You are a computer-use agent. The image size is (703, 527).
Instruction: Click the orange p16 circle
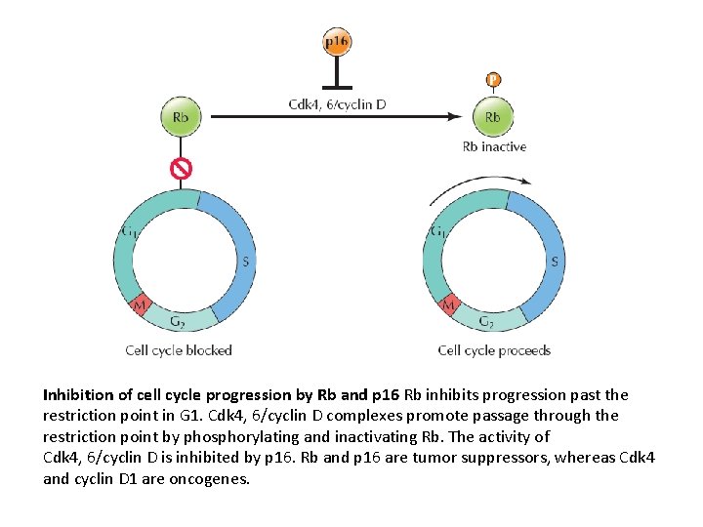(x=337, y=42)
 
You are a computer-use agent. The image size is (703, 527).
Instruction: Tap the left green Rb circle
(x=181, y=117)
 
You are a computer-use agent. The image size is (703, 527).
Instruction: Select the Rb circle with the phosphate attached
(x=493, y=117)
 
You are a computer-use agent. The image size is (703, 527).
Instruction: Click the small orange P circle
(x=493, y=79)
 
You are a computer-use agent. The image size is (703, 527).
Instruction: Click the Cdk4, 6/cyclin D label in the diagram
(x=337, y=104)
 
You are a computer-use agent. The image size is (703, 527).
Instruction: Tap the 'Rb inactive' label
(x=494, y=146)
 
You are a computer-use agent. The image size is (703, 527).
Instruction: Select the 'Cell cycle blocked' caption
(x=179, y=349)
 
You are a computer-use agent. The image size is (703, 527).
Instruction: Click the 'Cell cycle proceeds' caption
(x=494, y=349)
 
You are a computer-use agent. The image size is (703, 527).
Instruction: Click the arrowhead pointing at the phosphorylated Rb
(x=456, y=117)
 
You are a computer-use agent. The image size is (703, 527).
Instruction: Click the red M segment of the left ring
(x=140, y=304)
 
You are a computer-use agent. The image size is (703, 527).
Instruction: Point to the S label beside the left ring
(x=245, y=261)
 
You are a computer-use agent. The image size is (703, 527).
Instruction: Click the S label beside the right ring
(x=555, y=261)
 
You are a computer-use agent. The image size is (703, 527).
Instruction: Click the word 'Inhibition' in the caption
(x=77, y=395)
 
